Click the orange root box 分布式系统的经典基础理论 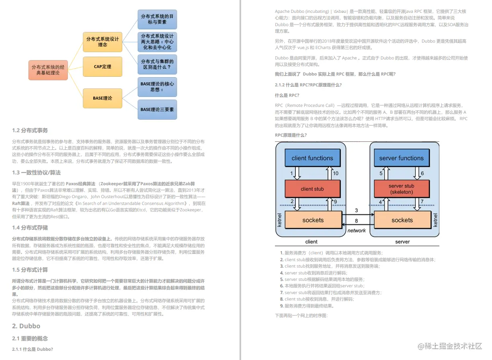(48, 70)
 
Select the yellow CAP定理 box (102, 67)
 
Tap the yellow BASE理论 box (102, 98)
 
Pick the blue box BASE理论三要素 (157, 109)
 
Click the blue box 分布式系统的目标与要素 (157, 19)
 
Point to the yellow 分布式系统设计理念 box (102, 42)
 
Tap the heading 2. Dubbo (26, 326)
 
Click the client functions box (312, 158)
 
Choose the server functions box (401, 158)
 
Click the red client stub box (312, 189)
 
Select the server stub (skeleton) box (401, 189)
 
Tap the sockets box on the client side (313, 220)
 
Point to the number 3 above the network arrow (356, 211)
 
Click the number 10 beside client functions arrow (336, 173)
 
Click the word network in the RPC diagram (357, 231)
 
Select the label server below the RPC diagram (402, 241)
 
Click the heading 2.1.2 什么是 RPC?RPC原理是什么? (308, 85)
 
